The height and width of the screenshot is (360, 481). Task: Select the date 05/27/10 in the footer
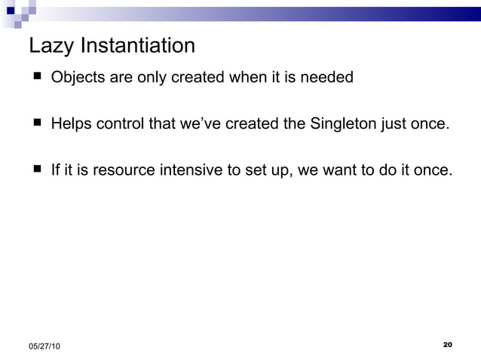(46, 346)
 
